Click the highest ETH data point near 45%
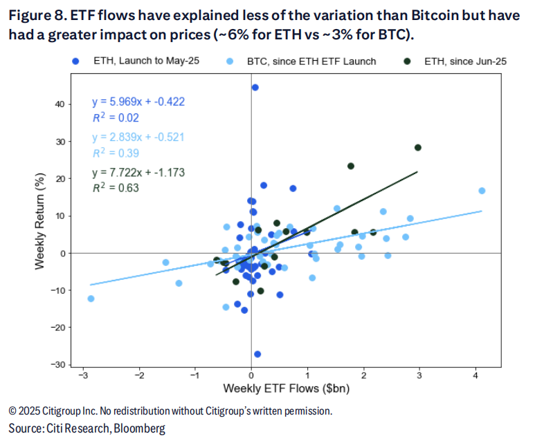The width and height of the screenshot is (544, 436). tap(255, 88)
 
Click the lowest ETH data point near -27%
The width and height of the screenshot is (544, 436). tap(257, 354)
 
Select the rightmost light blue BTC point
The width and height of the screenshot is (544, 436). tap(482, 191)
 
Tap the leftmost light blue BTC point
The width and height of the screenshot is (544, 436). tap(91, 298)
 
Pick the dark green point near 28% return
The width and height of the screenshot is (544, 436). tap(418, 147)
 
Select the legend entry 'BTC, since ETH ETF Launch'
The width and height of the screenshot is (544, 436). tap(311, 61)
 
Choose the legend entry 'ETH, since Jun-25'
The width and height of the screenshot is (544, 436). tap(464, 61)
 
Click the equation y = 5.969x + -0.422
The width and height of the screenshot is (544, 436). tap(138, 102)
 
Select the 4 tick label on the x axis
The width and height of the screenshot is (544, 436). tap(476, 375)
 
